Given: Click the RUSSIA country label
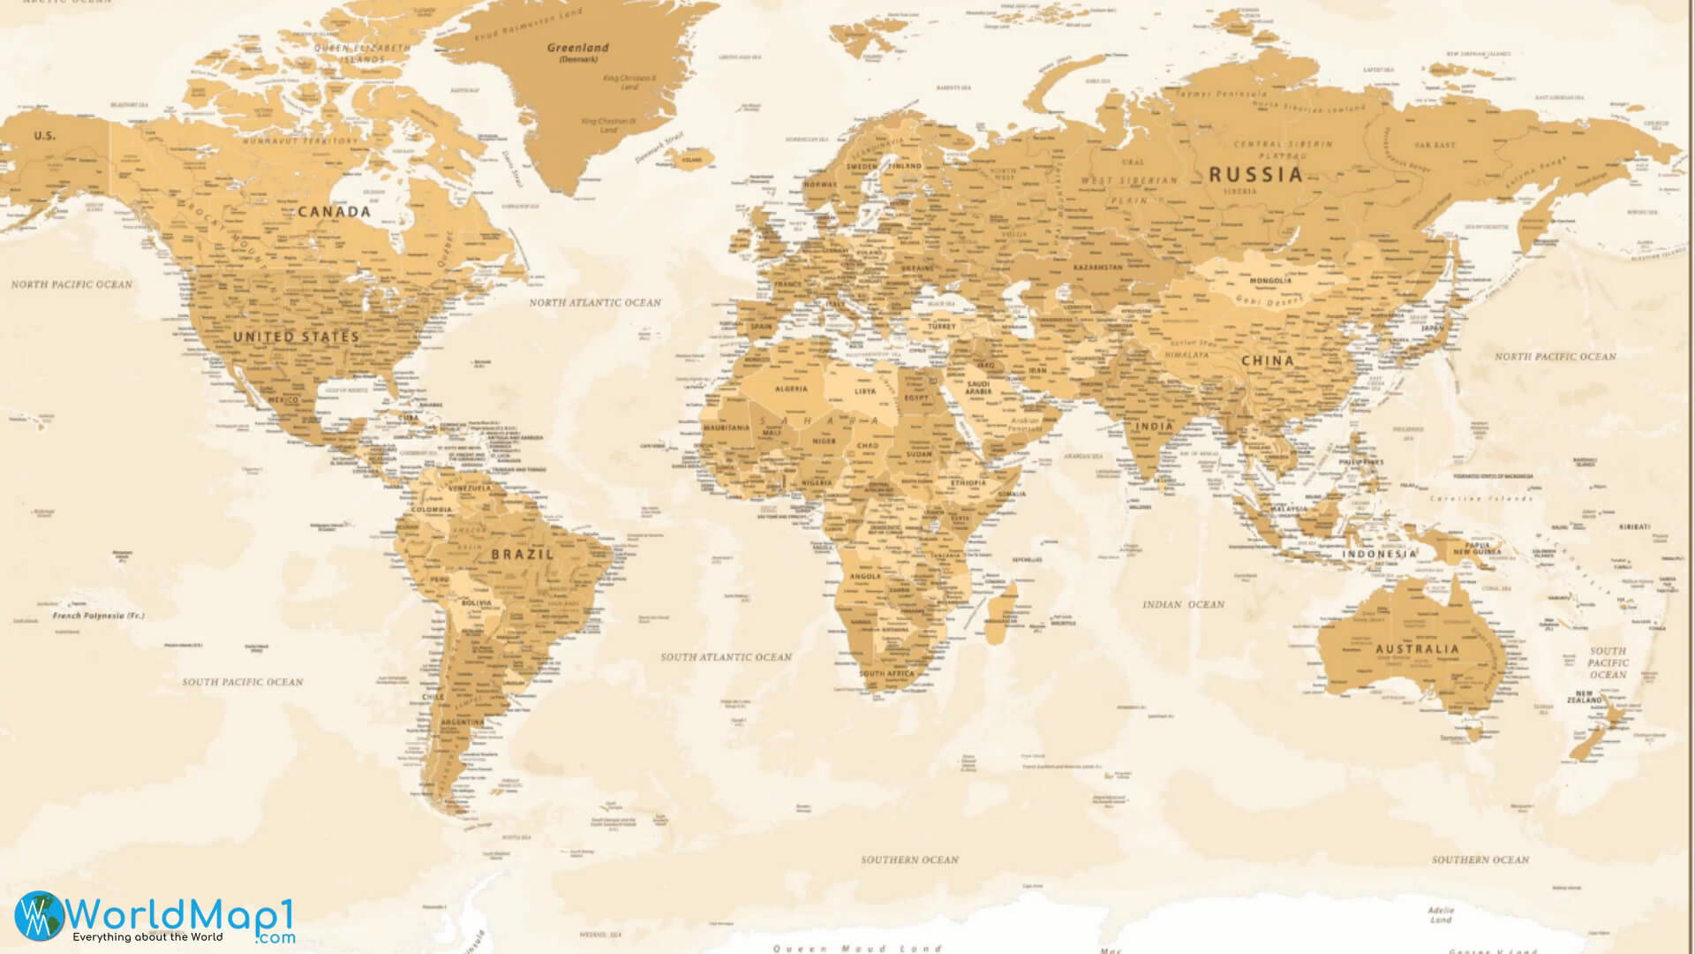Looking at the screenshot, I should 1254,174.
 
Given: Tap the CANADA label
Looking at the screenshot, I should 334,212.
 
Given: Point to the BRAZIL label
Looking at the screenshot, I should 522,555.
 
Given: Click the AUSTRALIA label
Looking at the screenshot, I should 1417,649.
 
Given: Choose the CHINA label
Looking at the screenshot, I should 1267,360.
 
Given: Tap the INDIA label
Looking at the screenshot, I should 1154,426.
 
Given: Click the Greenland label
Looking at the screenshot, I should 577,48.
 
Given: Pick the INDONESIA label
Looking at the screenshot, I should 1379,555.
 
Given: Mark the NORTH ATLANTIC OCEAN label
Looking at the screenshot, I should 594,302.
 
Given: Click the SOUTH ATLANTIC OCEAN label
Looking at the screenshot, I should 726,657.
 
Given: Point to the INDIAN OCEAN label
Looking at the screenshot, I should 1183,604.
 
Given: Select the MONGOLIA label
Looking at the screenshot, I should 1269,281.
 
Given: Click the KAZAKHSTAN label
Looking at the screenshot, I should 1097,267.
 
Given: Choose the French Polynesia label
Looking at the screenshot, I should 97,615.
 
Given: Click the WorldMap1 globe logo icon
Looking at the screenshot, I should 38,916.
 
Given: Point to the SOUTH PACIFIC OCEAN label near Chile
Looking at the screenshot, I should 242,682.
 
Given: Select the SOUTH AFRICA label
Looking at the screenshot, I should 887,674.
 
